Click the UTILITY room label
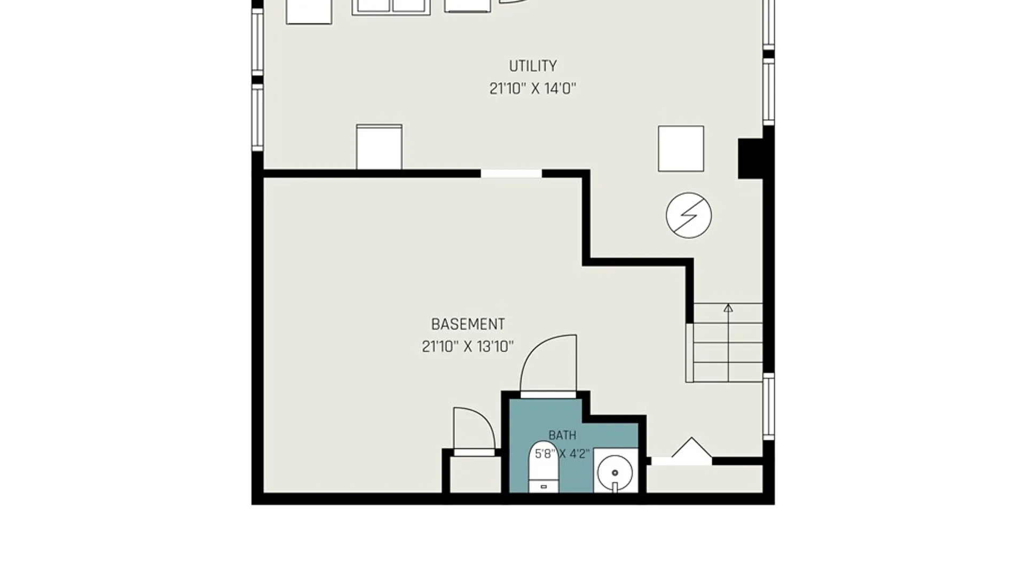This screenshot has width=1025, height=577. point(533,66)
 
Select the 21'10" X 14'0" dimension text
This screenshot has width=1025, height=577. point(533,88)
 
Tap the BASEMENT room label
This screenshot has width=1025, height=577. point(468,324)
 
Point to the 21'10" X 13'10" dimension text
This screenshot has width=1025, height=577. point(468,347)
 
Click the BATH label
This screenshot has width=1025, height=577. point(562,435)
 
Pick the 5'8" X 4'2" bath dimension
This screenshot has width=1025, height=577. point(562,454)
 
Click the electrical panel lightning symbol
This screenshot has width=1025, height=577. point(689,215)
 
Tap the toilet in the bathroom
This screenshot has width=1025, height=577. point(543,467)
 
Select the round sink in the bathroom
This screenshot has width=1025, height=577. point(615,473)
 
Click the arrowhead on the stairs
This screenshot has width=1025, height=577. point(728,308)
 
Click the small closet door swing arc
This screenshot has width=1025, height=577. point(480,417)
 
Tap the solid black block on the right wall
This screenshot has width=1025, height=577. point(751,159)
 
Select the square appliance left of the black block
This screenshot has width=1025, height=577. point(681,149)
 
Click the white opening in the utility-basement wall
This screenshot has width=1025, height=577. point(511,174)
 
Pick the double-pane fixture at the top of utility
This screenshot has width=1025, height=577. point(391,6)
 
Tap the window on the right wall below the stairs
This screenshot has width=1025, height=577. point(768,406)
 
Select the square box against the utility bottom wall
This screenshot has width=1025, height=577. point(379,147)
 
